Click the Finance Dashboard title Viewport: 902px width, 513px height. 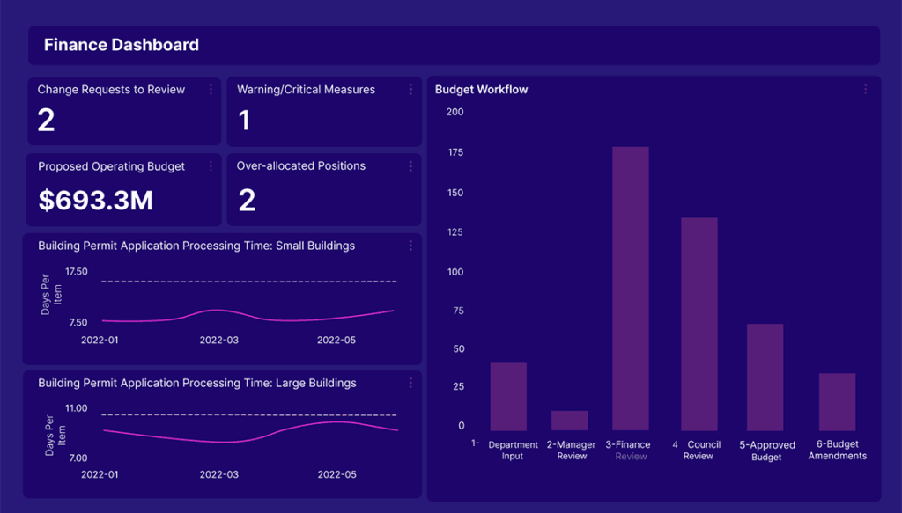pyautogui.click(x=122, y=45)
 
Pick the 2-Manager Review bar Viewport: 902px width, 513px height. pyautogui.click(x=570, y=421)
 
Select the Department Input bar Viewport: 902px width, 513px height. pyautogui.click(x=508, y=396)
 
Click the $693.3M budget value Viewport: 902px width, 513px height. pyautogui.click(x=96, y=200)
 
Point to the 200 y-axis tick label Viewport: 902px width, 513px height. pyautogui.click(x=455, y=112)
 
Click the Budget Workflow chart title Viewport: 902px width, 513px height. pyautogui.click(x=482, y=90)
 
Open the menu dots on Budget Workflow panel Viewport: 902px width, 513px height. pyautogui.click(x=865, y=89)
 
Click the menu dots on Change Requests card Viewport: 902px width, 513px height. pyautogui.click(x=211, y=90)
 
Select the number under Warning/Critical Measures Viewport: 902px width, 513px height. pyautogui.click(x=245, y=120)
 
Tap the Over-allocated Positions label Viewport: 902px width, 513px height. pyautogui.click(x=301, y=165)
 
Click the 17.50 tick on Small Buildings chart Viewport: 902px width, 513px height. pyautogui.click(x=77, y=272)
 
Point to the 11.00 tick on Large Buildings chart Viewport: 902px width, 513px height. pyautogui.click(x=77, y=408)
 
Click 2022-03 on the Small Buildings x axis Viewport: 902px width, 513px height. pyautogui.click(x=219, y=340)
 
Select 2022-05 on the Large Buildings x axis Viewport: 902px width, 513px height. pyautogui.click(x=336, y=474)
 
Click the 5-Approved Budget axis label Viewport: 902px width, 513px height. pyautogui.click(x=766, y=451)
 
